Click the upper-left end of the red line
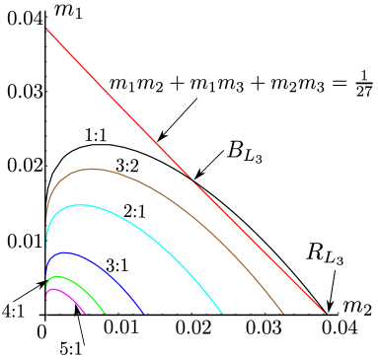46,30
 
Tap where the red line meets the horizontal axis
324,314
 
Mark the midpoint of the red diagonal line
186,172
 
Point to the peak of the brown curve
92,169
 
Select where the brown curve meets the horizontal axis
284,314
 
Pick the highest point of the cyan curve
79,205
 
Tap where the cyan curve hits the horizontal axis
222,314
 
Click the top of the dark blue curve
67,252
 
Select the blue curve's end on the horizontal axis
144,314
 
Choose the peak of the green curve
58,276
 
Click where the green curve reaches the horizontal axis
105,314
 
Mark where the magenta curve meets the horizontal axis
85,314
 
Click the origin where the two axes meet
46,314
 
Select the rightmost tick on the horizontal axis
339,314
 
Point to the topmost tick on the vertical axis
46,18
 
